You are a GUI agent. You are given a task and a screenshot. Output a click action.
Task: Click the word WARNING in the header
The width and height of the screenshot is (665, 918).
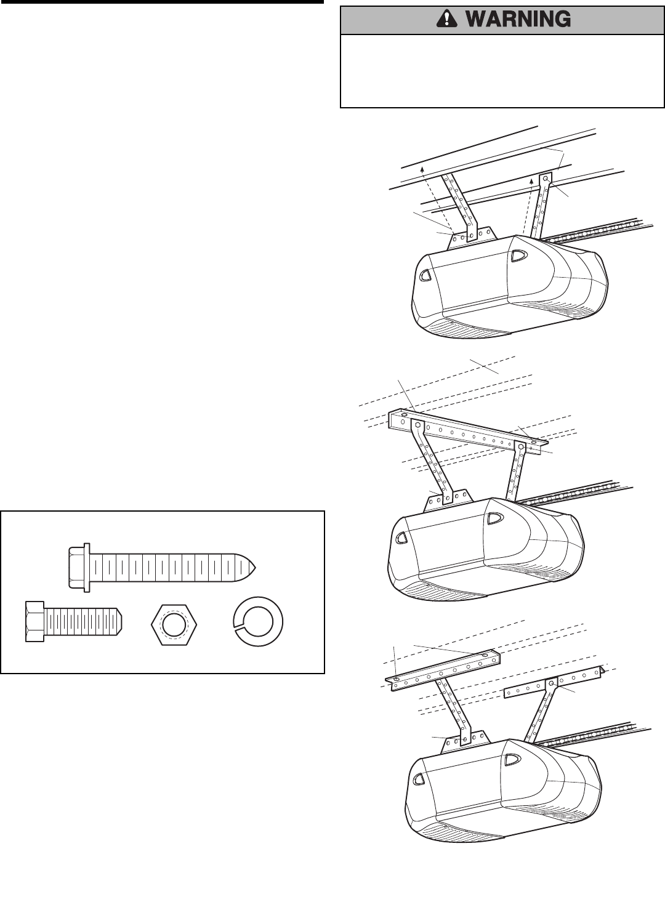tap(518, 20)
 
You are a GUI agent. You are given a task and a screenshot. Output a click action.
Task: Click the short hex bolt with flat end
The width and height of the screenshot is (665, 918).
tap(73, 622)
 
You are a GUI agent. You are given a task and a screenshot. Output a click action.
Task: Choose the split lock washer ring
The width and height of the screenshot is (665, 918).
tap(259, 622)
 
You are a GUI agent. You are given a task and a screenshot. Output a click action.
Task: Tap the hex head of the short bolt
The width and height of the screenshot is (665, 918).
tap(34, 622)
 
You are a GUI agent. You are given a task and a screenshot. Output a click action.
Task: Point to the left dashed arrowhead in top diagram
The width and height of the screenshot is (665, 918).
tap(421, 166)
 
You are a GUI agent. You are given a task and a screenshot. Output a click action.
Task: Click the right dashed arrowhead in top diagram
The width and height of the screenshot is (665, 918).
tap(531, 181)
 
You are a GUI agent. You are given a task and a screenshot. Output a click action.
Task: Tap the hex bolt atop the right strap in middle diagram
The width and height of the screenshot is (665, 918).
tap(521, 445)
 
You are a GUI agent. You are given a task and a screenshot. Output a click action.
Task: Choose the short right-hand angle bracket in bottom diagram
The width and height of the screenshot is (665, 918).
tap(552, 682)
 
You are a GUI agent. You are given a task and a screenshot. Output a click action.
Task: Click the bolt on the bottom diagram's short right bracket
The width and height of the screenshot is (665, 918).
tap(552, 682)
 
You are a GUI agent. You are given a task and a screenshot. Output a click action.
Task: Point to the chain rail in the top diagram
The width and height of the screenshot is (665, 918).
tap(597, 230)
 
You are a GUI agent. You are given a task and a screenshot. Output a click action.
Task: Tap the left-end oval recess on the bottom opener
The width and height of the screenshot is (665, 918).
tap(419, 779)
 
